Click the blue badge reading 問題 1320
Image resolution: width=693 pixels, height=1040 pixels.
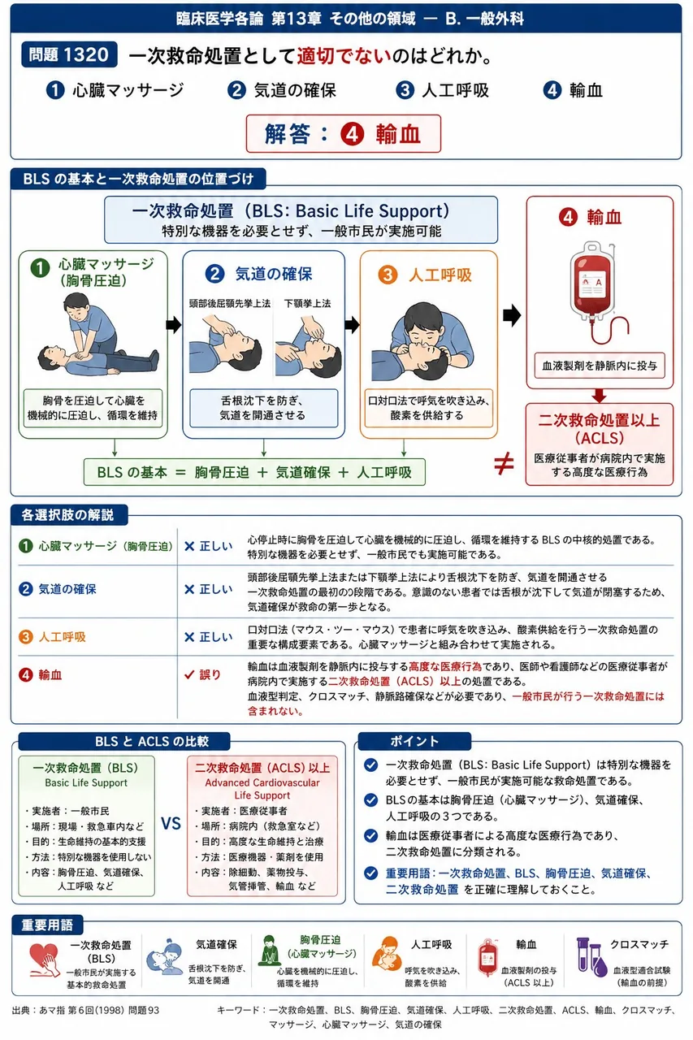click(x=69, y=54)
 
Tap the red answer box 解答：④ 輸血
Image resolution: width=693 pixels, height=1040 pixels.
click(x=343, y=134)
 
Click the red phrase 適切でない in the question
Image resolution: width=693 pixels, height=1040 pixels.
click(x=344, y=56)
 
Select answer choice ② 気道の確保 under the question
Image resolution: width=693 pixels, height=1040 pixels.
click(x=282, y=90)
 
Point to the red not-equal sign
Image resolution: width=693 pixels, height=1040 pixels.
click(x=504, y=463)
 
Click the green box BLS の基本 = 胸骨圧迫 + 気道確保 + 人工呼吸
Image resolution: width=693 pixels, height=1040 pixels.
click(x=254, y=472)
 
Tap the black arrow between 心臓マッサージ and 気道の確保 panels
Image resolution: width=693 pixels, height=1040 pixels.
click(x=174, y=325)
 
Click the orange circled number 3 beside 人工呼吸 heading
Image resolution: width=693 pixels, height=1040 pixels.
click(x=388, y=275)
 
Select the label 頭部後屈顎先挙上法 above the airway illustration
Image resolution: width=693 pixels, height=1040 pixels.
click(x=230, y=304)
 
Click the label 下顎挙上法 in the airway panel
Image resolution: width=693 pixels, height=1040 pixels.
click(x=308, y=304)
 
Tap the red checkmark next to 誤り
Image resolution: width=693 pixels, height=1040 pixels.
click(x=189, y=674)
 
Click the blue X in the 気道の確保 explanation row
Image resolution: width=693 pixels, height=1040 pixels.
click(x=189, y=590)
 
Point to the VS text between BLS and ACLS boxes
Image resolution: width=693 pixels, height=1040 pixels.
click(x=171, y=824)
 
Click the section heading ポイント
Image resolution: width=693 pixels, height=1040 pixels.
click(x=414, y=741)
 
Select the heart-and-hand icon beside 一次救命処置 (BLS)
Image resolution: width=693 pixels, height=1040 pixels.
click(x=44, y=960)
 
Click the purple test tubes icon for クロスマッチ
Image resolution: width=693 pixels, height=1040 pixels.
click(x=591, y=957)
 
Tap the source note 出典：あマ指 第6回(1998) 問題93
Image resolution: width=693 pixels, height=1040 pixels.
click(x=86, y=1010)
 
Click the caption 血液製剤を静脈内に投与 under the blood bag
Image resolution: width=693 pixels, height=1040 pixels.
click(x=600, y=366)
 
